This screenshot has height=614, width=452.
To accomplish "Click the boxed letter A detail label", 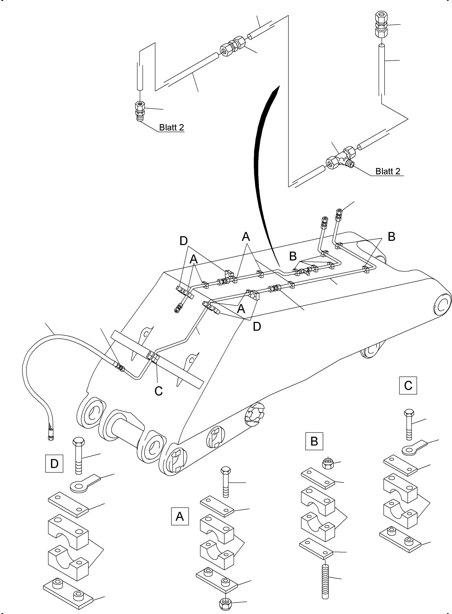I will point(180,516).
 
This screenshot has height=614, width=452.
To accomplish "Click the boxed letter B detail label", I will point(314,441).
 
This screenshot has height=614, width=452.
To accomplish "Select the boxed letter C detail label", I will point(408,386).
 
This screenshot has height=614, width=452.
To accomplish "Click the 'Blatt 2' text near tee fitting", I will point(387,171).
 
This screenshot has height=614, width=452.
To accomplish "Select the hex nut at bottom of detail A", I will point(226,603).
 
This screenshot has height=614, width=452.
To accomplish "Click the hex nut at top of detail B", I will point(327,463).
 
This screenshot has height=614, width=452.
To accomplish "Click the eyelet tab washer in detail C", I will point(413,447).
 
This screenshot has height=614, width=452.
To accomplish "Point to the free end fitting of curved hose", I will point(51,437).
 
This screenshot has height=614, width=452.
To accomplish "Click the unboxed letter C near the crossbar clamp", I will point(159,391).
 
